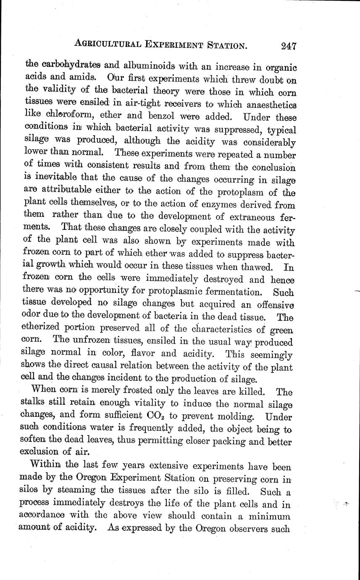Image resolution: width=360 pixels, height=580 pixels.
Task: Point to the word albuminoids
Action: [x=146, y=66]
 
